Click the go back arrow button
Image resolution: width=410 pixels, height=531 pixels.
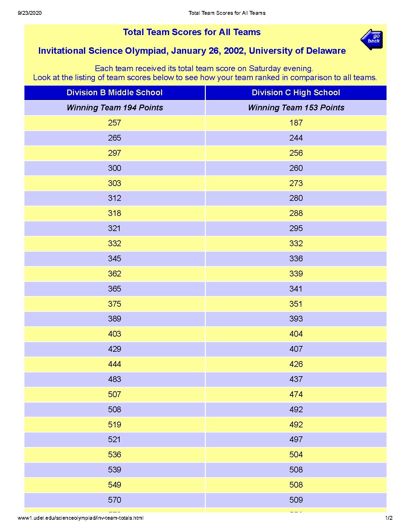pos(371,39)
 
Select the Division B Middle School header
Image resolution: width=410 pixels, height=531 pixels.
pos(114,93)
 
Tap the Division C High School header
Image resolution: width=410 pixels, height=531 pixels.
pos(296,93)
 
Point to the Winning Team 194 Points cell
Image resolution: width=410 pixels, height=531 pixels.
pos(114,108)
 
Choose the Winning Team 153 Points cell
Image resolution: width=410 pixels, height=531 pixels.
pos(296,108)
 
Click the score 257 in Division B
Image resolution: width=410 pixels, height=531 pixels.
pos(114,123)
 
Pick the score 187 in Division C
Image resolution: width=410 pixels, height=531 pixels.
pos(296,123)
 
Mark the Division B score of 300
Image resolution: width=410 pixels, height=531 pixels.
pos(114,168)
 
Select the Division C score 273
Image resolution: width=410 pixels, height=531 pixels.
pos(296,183)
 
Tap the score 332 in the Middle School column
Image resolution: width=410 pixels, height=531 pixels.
pos(114,244)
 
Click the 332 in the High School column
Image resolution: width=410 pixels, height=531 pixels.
pos(296,244)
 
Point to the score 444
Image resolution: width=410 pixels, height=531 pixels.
pos(114,364)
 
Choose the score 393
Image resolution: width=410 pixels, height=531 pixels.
pos(296,319)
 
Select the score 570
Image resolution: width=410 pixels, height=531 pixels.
pos(114,500)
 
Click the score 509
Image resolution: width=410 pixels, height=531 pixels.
pos(296,500)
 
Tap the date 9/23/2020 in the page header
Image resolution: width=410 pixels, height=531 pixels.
pos(30,13)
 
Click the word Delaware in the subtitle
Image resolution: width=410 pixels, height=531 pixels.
pos(326,51)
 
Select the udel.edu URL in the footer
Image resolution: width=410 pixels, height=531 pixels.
pos(80,518)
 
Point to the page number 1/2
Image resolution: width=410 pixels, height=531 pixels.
pos(389,518)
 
